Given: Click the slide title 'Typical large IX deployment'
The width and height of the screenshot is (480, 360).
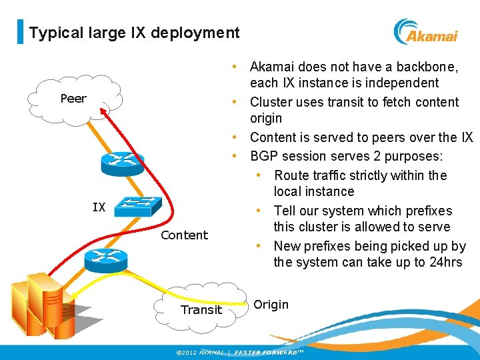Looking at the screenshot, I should (x=134, y=33).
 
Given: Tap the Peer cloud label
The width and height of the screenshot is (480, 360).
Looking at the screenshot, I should (x=73, y=99).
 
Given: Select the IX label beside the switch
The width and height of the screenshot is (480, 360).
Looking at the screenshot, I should (x=99, y=207).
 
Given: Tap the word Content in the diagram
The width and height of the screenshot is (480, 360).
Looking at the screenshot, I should (x=184, y=235).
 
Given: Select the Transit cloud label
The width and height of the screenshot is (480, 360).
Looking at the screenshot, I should (x=201, y=309).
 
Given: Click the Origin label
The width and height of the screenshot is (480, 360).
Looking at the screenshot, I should (x=271, y=305).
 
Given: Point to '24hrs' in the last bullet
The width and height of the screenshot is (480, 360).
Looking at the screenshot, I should (x=445, y=262).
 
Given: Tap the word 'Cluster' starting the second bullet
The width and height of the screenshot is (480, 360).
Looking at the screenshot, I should (x=271, y=102).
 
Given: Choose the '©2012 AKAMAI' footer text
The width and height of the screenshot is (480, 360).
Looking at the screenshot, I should (x=197, y=352).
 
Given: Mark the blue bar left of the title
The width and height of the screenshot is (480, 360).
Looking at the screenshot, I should (x=20, y=32).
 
